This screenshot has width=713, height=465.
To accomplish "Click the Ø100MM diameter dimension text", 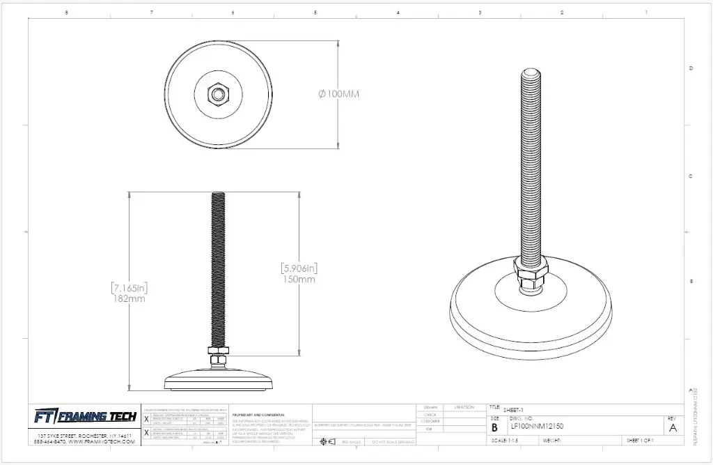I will click(x=338, y=94).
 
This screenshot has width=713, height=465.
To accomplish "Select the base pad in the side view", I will click(x=219, y=380).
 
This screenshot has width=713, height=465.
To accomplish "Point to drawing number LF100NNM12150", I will click(x=537, y=426).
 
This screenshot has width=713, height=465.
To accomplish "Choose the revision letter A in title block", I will click(x=672, y=428).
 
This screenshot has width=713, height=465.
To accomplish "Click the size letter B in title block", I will click(x=494, y=427).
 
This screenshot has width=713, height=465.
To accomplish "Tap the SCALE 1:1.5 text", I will click(x=504, y=441).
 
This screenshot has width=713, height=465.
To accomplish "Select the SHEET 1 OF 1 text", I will click(x=644, y=441).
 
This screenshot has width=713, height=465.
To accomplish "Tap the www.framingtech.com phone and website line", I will click(x=84, y=441).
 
